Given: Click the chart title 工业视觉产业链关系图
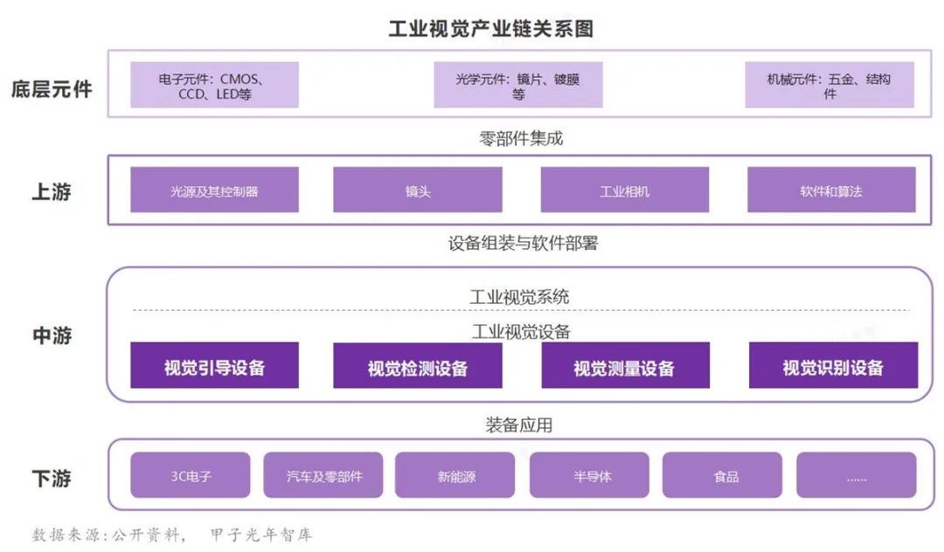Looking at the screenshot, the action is tap(490, 28).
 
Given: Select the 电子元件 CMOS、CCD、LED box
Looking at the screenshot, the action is tap(214, 85).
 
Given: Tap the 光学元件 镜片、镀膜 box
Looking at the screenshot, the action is tap(518, 85).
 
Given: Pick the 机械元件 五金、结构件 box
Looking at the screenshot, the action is tap(829, 85).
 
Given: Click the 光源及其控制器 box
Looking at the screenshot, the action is tap(214, 190).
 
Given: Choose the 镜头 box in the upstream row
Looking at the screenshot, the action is tap(418, 190).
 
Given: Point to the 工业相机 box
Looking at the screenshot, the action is tap(625, 190).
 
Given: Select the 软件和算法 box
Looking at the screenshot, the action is tap(831, 190).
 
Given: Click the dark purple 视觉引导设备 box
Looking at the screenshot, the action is tap(214, 366).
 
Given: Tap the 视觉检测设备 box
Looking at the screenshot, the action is tap(418, 366).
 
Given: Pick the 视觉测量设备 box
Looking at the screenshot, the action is tap(626, 366).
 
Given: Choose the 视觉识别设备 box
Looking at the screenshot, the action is tap(833, 366).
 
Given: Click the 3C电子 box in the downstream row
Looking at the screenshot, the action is tap(191, 475).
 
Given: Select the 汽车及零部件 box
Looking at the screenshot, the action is tap(323, 475).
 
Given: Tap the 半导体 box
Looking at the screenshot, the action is tap(589, 475).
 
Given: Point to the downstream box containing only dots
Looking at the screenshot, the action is tap(856, 475).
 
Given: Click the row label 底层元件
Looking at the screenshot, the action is tap(52, 89).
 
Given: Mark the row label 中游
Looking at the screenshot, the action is tap(52, 335).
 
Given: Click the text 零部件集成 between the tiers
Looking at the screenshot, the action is tap(521, 139).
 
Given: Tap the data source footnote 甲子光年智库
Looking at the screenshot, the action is tap(261, 535).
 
